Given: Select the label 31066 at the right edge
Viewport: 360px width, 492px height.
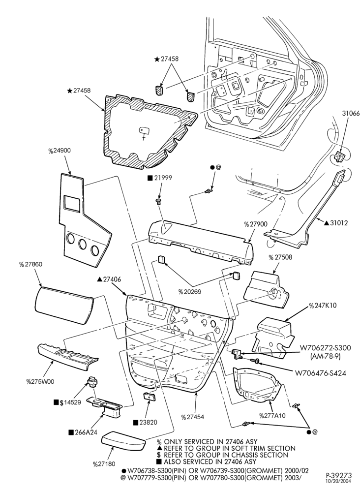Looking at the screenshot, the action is click(x=351, y=114).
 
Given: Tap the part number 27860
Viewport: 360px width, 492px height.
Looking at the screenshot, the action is click(x=30, y=265).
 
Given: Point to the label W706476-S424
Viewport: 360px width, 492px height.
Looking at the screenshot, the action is click(x=321, y=373).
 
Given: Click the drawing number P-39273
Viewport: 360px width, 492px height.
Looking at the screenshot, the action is click(x=339, y=476).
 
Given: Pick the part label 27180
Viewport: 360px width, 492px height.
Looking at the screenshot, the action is click(x=104, y=464).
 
